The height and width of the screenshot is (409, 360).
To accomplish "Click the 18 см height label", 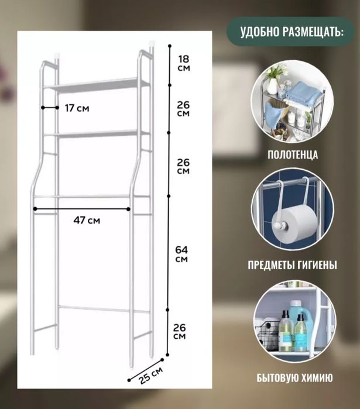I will coord(183,63).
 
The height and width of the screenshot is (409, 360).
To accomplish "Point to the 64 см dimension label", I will coord(182,254).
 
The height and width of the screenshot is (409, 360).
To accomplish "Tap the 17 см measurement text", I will coord(77,108).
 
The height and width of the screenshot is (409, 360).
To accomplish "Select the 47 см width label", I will coord(87,220).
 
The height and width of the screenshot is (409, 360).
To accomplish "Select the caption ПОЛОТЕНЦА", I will coord(293,155).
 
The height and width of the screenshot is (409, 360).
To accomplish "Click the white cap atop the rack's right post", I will coord(152,43).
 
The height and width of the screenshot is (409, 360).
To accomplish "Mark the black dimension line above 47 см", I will coord(82,208).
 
